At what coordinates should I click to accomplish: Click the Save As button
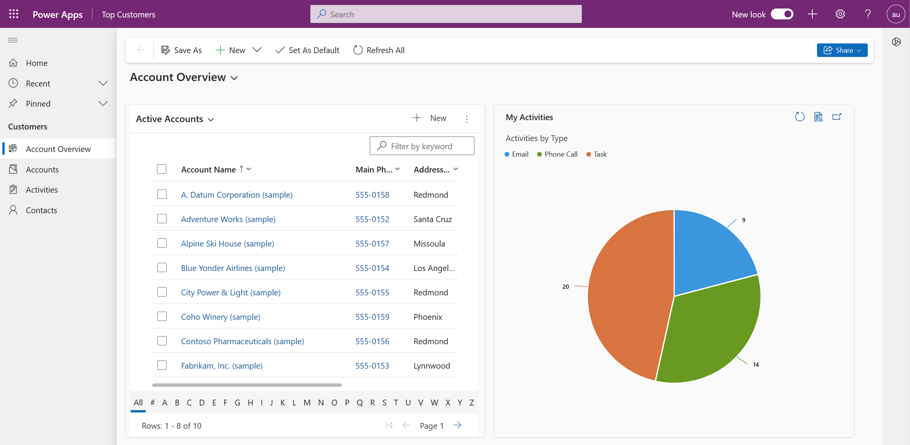tap(181, 50)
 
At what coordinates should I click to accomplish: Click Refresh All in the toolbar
tap(379, 50)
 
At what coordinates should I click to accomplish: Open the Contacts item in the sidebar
tap(41, 210)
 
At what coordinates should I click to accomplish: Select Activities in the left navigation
tap(41, 190)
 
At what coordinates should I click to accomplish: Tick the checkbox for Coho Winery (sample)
tap(162, 316)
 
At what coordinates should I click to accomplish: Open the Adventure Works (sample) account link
tap(228, 219)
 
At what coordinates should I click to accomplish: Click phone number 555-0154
tap(372, 268)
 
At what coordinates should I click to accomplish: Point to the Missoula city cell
tap(429, 243)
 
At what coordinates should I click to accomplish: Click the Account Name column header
tap(209, 169)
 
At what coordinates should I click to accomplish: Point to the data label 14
tap(756, 364)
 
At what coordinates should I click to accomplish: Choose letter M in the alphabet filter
tap(307, 402)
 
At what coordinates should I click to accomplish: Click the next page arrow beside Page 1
tap(457, 425)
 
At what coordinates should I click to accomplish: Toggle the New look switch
tap(782, 14)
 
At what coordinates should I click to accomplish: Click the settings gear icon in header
tap(840, 14)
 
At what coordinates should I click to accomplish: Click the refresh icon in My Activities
tap(800, 117)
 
